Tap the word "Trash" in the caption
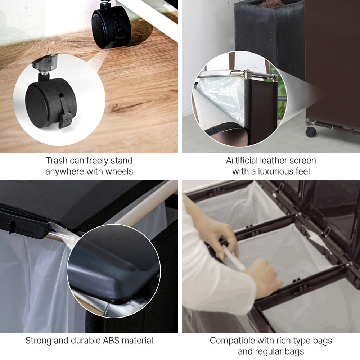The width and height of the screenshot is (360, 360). pos(56,161)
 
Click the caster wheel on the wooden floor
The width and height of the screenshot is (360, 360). pos(111,26)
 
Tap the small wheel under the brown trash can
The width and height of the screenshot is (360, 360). pos(311,132)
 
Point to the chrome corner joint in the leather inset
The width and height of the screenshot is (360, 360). pos(248,75)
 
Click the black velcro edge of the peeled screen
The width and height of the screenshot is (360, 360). pos(223,128)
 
